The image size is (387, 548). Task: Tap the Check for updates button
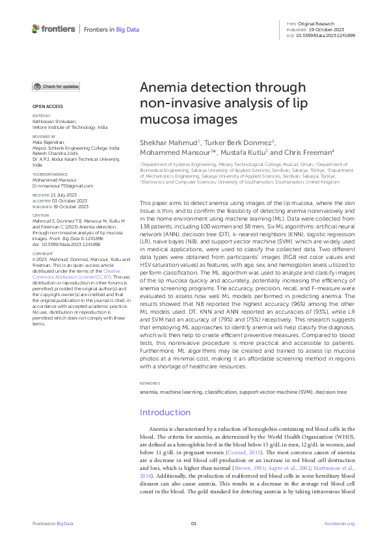[57, 86]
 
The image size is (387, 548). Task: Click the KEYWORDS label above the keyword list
[150, 383]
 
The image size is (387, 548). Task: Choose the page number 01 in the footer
[193, 523]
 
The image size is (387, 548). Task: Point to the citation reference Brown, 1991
[261, 459]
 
